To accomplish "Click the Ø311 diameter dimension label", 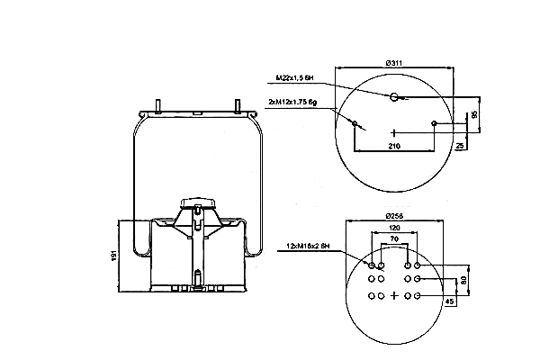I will point(392,61).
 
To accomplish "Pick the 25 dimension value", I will point(459,144).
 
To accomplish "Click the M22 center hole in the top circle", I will point(393,96).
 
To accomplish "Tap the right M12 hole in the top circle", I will point(434,123).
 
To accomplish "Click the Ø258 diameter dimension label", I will point(392,216).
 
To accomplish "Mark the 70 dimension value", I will point(393,240).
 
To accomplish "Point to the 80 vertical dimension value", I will point(464,280).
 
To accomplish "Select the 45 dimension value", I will point(449,301).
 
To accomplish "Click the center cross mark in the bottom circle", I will point(393,295).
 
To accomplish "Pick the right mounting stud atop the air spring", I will point(238,105).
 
